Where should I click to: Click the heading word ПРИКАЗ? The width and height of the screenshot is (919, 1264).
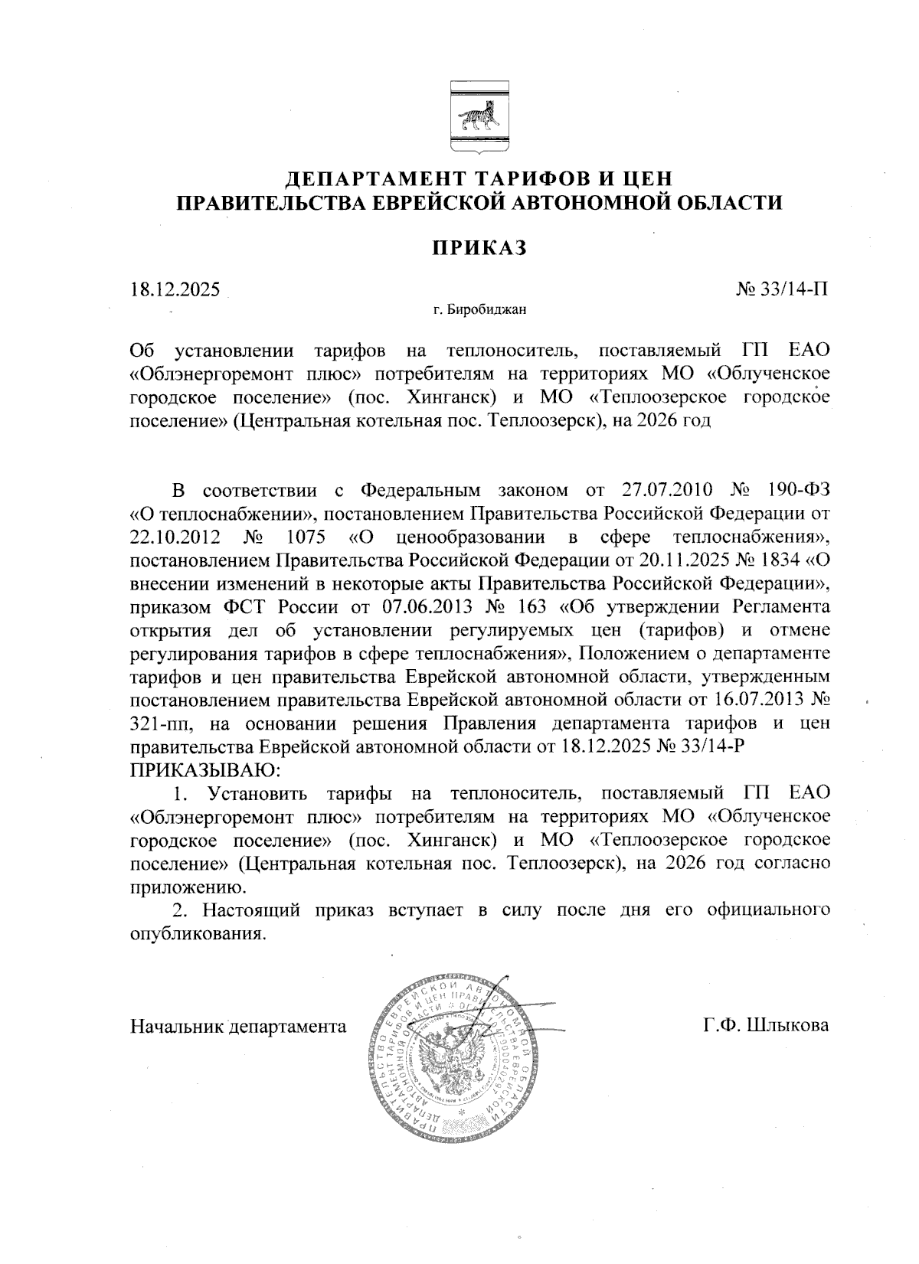click(x=478, y=248)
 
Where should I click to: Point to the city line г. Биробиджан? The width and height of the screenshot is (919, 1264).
click(x=478, y=310)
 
